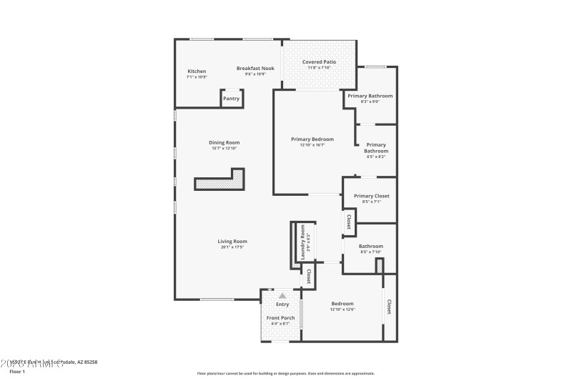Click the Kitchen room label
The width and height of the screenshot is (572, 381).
pos(197,71)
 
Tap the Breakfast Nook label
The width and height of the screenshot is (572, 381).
pos(255,69)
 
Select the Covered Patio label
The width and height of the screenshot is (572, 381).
pos(319,62)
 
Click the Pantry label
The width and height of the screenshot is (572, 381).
pos(231,99)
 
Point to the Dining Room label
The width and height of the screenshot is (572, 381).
pos(224,142)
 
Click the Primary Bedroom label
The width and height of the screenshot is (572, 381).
pos(312,139)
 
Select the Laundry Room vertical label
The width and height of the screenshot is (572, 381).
pos(302,242)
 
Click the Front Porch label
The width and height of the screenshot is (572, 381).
pos(281,318)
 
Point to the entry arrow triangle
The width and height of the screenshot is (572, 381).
pos(282,295)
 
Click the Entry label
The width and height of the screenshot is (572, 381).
pos(282,305)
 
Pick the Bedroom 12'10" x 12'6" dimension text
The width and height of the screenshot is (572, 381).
pos(342,310)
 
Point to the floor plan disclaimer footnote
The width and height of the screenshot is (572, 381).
pos(285,373)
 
